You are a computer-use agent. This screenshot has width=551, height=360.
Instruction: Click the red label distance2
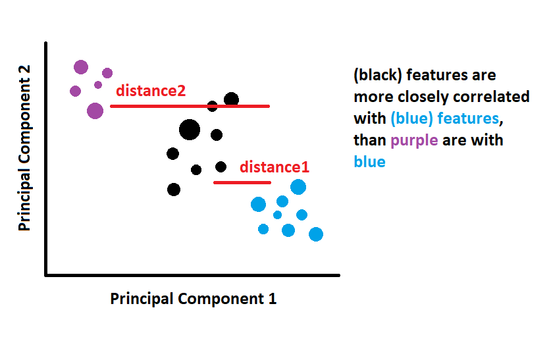tap(151, 91)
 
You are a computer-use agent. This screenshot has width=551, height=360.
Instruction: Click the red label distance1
tap(274, 167)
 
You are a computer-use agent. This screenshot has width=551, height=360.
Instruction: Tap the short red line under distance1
tap(242, 182)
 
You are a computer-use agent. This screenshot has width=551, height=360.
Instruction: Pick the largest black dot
tap(189, 130)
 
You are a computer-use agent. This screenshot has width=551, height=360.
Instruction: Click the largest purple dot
tap(95, 111)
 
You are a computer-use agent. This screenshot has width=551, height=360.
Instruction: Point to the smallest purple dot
tap(98, 85)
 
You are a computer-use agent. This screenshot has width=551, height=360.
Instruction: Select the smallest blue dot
tap(277, 215)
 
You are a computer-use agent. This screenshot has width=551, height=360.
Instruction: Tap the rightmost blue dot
tap(316, 234)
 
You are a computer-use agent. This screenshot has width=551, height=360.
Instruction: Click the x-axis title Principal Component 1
tap(193, 298)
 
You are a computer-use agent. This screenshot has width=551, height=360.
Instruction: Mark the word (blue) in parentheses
tap(411, 118)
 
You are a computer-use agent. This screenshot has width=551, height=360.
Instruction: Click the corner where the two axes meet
tap(45, 274)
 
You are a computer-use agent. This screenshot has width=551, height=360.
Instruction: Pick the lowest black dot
tap(174, 190)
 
